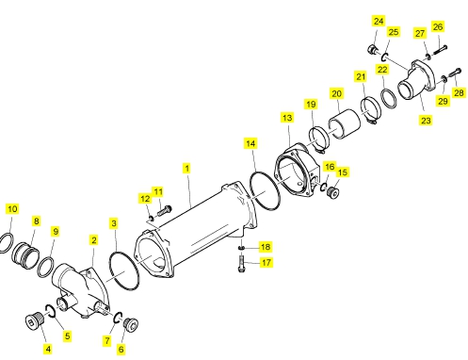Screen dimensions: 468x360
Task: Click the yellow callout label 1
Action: point(187,168)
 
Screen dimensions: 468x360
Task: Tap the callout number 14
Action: point(250,143)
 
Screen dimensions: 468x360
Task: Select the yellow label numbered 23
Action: point(426,120)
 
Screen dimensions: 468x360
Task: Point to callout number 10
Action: point(12,209)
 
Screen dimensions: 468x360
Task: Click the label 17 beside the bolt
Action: point(266,262)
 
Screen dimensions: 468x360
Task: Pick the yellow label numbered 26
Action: point(438,26)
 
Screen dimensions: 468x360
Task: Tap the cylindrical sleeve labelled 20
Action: point(345,123)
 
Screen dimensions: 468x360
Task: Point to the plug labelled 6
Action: point(131,324)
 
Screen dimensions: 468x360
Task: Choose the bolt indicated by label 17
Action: point(241,263)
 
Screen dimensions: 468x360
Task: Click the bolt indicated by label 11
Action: point(164,210)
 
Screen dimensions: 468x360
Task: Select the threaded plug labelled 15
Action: point(332,191)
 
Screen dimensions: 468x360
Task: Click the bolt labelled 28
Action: point(455,73)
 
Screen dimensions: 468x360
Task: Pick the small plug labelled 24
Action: point(372,50)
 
